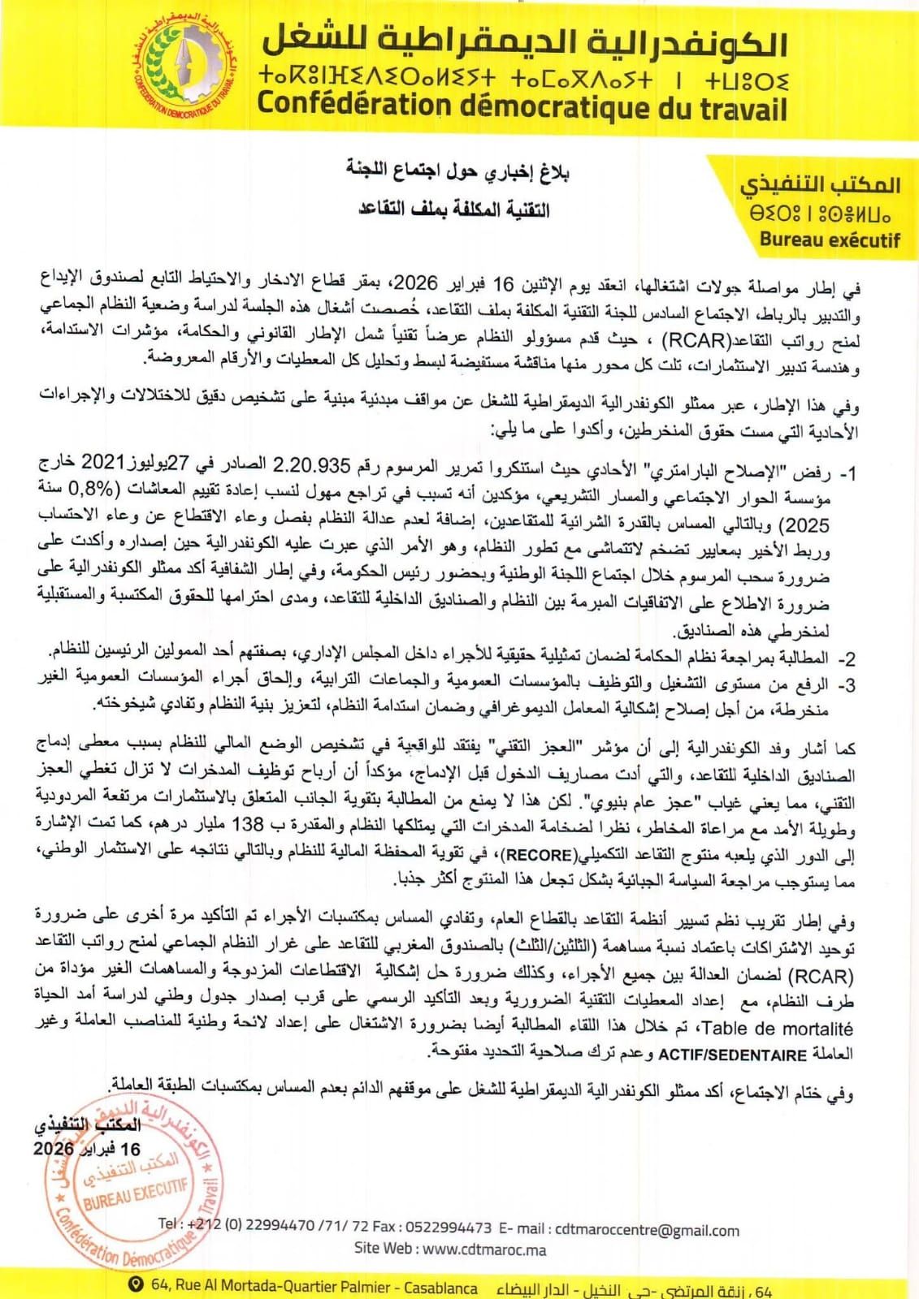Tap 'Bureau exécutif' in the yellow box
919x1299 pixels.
pyautogui.click(x=830, y=239)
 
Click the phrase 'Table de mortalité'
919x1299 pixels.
pyautogui.click(x=782, y=1029)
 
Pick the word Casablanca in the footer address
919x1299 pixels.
pyautogui.click(x=440, y=1288)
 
